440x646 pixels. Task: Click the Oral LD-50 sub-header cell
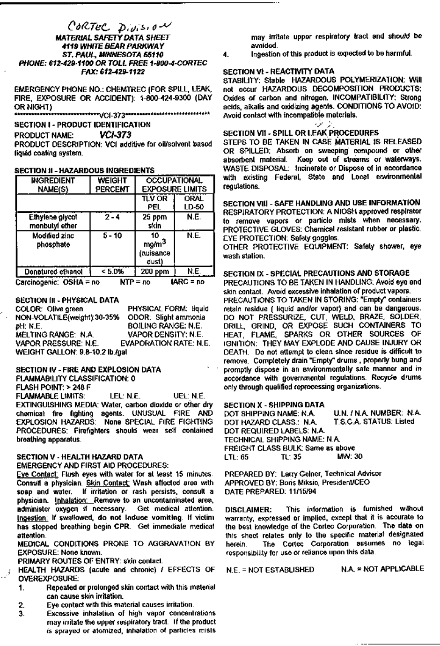(194, 203)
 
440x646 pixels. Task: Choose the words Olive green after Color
(65, 309)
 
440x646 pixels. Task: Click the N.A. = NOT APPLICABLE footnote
(382, 569)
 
